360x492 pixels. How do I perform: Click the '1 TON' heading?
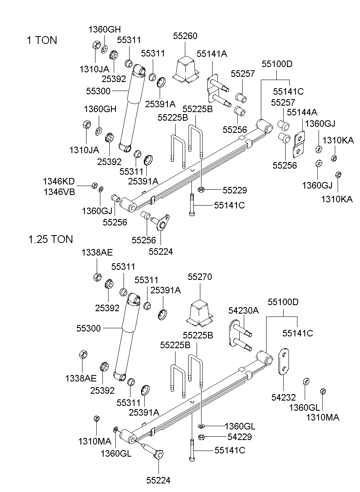[x=42, y=40]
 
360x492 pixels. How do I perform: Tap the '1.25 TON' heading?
[x=50, y=239]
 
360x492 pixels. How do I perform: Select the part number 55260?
[x=185, y=36]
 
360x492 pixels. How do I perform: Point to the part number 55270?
[x=200, y=277]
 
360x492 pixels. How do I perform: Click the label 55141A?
[x=212, y=54]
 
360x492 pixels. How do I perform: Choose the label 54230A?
[x=243, y=310]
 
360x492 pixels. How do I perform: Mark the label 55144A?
[x=302, y=112]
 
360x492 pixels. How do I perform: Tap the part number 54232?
[x=284, y=397]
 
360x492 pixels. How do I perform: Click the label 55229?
[x=235, y=190]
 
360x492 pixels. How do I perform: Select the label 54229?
[x=240, y=437]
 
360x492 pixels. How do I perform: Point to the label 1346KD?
[x=59, y=182]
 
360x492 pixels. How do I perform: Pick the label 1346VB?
[x=59, y=192]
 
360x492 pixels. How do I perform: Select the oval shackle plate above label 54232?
[x=284, y=361]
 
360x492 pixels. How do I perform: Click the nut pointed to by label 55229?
[x=201, y=189]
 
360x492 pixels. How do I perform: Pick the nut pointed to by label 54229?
[x=201, y=437]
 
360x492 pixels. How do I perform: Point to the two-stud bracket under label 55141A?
[x=218, y=91]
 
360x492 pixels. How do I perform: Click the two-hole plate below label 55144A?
[x=299, y=145]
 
